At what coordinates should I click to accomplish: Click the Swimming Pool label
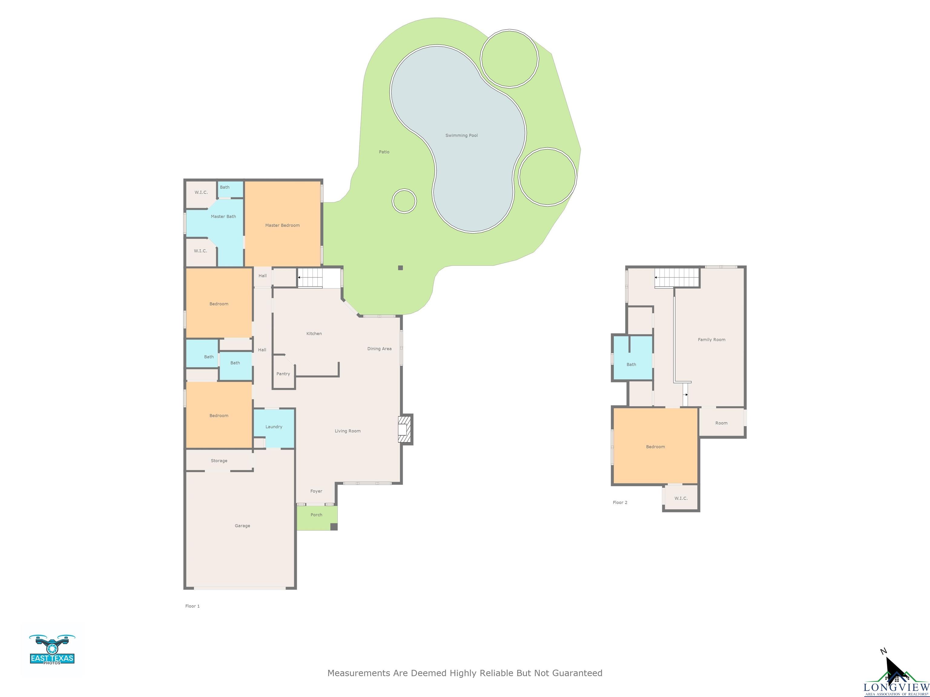[x=461, y=135]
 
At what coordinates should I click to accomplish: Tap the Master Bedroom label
[x=282, y=225]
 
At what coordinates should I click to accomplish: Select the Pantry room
[x=283, y=372]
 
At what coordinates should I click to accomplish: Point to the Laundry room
[x=274, y=428]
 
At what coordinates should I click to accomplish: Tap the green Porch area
[x=317, y=518]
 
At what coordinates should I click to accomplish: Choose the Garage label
[x=242, y=525]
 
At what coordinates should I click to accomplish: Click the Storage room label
[x=219, y=460]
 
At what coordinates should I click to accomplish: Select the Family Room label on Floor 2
[x=711, y=339]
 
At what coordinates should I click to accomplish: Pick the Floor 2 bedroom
[x=655, y=446]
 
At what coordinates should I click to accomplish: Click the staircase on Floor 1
[x=310, y=278]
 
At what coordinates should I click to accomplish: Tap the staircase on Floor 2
[x=677, y=277]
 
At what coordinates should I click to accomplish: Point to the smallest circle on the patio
[x=404, y=201]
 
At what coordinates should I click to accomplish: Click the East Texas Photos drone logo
[x=52, y=650]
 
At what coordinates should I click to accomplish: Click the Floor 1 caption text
[x=193, y=606]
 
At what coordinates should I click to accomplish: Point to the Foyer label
[x=316, y=491]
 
